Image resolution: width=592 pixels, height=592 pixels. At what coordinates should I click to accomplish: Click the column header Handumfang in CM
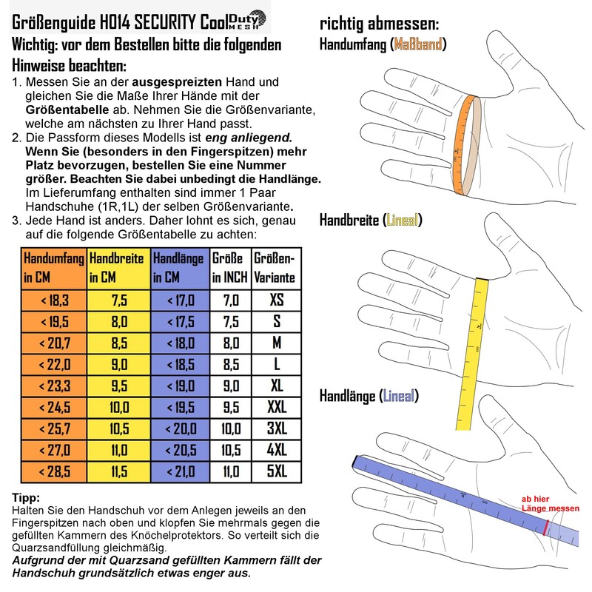coord(54,269)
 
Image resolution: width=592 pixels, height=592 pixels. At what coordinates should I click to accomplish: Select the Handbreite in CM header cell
coord(119,269)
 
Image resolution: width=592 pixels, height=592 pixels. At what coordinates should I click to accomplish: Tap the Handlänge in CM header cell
coord(179,269)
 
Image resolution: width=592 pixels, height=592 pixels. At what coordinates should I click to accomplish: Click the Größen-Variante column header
coord(275,269)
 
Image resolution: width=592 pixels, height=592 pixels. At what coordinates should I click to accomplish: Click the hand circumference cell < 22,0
coord(54,365)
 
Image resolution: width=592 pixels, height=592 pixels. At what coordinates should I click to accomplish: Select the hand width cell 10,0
coord(119,408)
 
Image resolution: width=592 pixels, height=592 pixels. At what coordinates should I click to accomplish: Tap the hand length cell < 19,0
coord(179,386)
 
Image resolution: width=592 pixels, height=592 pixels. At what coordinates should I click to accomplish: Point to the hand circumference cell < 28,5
coord(54,471)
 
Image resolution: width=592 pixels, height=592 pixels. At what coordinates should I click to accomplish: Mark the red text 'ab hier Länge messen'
coord(551,503)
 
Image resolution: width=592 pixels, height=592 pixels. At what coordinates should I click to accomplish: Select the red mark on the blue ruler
coord(545,527)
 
